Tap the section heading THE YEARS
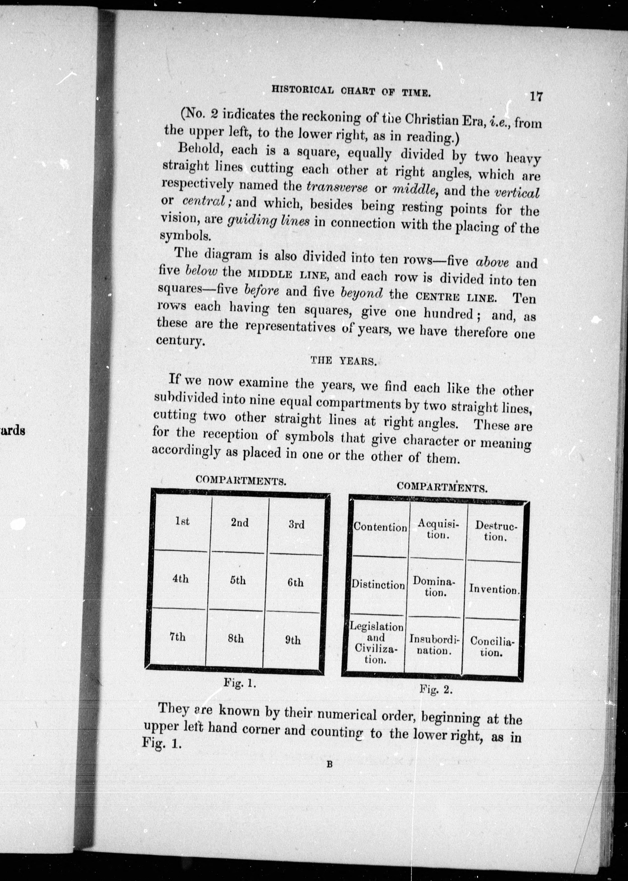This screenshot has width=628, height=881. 343,361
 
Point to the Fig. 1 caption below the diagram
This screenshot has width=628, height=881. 240,683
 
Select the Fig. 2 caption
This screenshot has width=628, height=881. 436,690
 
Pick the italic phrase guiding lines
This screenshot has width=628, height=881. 268,221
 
